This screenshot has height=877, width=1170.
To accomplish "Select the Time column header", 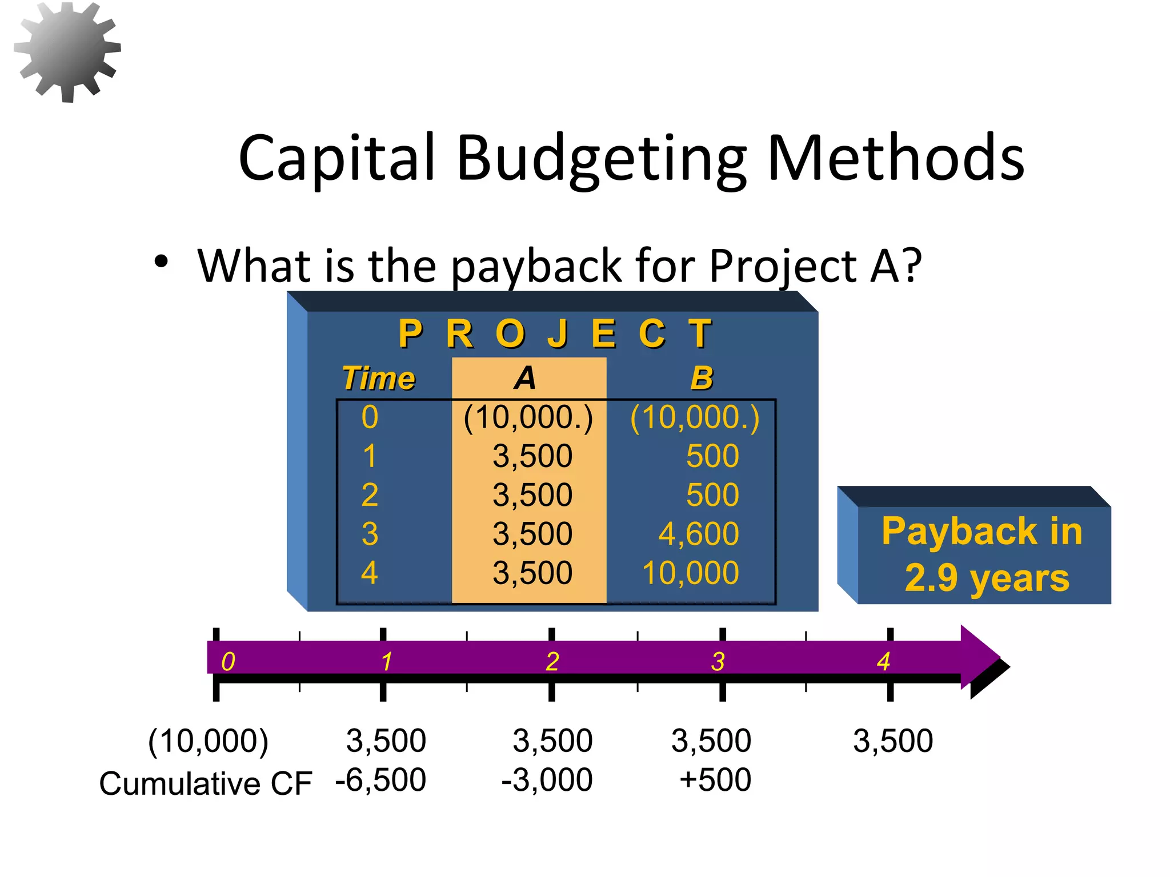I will pos(378,379).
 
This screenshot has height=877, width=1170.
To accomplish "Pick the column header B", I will pos(702,378).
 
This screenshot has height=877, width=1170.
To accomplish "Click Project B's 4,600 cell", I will pos(698,534).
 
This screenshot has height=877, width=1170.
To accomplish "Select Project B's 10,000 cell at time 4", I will pos(690,573).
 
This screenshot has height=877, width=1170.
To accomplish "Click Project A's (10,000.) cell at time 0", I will pos(528,417).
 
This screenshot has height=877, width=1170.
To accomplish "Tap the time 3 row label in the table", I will pos(370,534).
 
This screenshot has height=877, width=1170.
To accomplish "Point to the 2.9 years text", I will pos(987,578).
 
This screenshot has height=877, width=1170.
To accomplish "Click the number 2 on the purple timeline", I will pos(552,662).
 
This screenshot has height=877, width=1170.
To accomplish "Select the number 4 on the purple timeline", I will pos(883,662).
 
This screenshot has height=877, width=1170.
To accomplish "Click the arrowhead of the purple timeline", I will pos(978,657).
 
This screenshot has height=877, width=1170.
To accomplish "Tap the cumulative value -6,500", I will pos(380,780).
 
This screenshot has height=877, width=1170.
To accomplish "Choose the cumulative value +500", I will pos(715,780).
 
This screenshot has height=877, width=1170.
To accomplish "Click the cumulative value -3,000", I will pos(547,780).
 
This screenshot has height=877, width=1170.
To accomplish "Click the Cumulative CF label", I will pos(206,783).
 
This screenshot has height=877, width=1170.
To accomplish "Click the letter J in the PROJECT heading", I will pos(558,333).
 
